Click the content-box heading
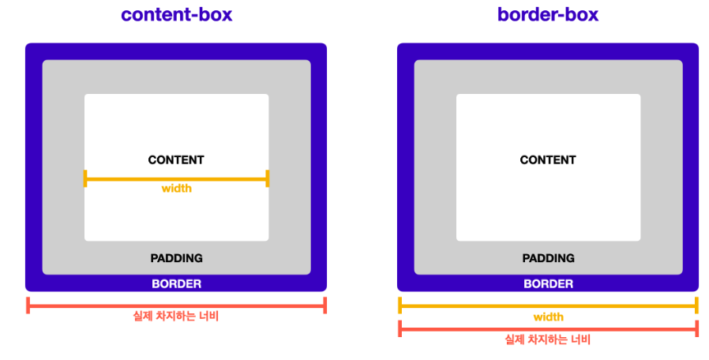click(x=176, y=14)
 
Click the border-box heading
click(x=548, y=14)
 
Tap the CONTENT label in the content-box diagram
click(x=176, y=160)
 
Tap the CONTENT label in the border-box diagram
click(x=548, y=160)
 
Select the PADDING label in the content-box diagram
click(x=176, y=258)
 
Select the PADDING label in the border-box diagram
click(x=548, y=258)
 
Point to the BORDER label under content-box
click(x=176, y=284)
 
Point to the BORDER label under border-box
click(x=548, y=284)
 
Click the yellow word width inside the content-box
click(x=176, y=189)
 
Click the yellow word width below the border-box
click(x=548, y=317)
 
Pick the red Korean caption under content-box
click(x=176, y=317)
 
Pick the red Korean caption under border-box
click(x=548, y=340)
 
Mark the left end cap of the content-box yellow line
click(x=85, y=178)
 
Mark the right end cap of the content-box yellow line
click(x=268, y=178)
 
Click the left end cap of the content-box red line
click(x=28, y=305)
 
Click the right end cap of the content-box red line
click(x=324, y=305)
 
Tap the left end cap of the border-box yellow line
click(x=400, y=305)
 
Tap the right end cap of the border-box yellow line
click(x=696, y=305)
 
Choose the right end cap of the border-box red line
click(x=696, y=328)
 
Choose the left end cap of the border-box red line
click(x=400, y=328)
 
